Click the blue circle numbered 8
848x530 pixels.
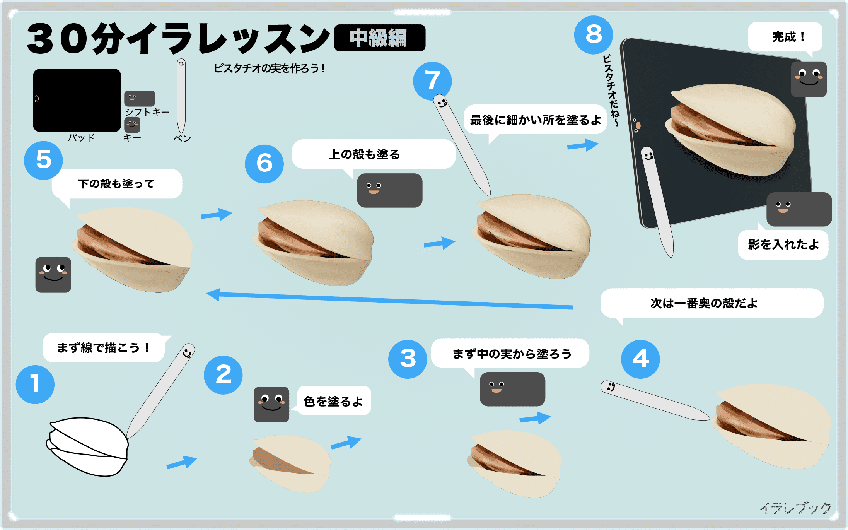593,35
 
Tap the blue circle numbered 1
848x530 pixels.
35,384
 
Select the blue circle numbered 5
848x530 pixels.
43,160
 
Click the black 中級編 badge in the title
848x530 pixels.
379,38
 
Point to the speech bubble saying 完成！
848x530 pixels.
785,37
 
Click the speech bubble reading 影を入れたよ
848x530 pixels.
783,245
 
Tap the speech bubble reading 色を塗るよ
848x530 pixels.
334,401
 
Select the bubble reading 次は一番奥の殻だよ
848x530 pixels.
712,303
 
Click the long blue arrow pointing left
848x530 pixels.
387,300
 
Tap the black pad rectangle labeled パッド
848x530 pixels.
77,100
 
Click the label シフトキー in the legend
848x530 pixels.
147,112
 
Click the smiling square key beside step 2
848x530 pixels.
271,404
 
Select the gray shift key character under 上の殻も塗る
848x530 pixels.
389,190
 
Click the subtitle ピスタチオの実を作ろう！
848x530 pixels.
269,68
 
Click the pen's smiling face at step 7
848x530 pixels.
441,103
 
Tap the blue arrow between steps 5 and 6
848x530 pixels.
216,214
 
